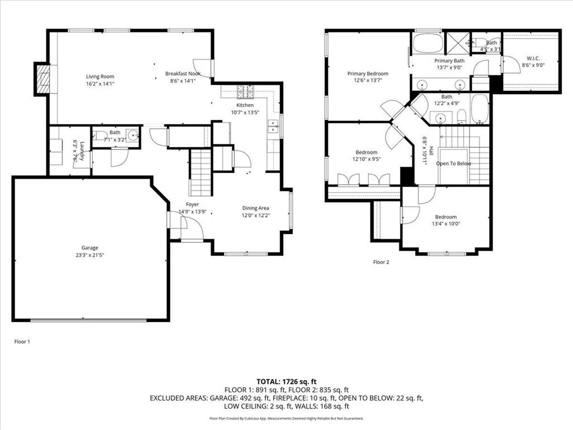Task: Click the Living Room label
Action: [x=100, y=77]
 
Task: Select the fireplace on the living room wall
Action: [x=43, y=79]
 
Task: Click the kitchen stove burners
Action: [x=245, y=91]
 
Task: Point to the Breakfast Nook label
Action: [x=182, y=73]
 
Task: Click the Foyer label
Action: [x=192, y=204]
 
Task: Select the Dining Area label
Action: [x=256, y=208]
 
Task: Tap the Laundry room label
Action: [x=82, y=151]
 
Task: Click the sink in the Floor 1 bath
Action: [x=132, y=135]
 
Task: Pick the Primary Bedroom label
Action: [x=368, y=73]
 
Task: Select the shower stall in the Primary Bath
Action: [x=457, y=42]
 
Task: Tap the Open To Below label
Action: [x=454, y=163]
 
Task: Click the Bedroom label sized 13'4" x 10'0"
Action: [x=446, y=217]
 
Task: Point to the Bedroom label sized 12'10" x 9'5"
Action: [x=367, y=152]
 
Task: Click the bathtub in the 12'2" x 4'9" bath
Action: [x=480, y=109]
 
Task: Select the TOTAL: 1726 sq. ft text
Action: [x=286, y=381]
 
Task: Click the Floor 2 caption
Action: [x=381, y=261]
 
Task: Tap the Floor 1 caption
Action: [x=22, y=341]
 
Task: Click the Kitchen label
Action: [x=245, y=105]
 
